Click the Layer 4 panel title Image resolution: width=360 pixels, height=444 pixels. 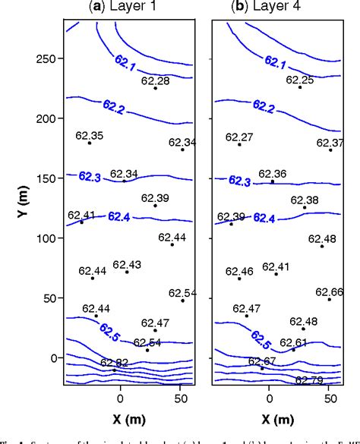(x=270, y=8)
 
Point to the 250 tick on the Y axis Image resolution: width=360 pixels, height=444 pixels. (x=49, y=59)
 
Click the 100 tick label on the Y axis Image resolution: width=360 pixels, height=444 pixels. (x=49, y=238)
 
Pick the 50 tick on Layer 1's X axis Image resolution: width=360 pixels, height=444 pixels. (x=181, y=397)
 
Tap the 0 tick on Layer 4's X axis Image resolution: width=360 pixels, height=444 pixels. (x=270, y=397)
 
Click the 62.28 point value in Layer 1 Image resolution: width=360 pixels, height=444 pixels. (x=156, y=80)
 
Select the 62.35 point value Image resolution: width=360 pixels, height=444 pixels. (x=90, y=136)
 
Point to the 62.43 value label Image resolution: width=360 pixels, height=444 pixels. (x=127, y=264)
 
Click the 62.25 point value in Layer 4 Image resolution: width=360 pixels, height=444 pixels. (x=300, y=80)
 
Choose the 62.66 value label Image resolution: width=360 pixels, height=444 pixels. (x=330, y=292)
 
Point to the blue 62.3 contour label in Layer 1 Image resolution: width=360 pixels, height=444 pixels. (x=90, y=176)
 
